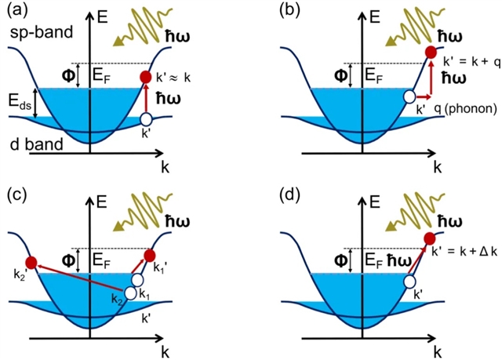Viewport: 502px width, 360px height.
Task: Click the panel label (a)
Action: pos(17,11)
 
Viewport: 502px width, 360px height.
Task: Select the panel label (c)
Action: pos(17,193)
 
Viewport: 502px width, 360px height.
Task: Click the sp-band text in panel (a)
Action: pos(35,35)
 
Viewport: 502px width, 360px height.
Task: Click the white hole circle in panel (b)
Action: pos(409,97)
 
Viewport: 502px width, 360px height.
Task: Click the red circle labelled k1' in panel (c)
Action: pos(149,256)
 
